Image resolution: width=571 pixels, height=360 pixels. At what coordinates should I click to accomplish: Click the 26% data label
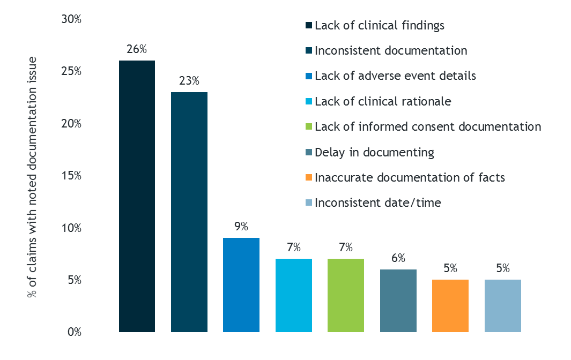pos(137,49)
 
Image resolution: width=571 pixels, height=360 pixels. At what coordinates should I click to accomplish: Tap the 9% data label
pos(241,226)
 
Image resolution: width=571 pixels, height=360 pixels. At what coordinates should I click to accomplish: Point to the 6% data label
pos(398,258)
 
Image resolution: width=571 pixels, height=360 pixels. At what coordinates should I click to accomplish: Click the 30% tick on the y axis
pos(71,20)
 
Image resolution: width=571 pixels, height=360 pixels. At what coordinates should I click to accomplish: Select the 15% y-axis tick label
pos(71,176)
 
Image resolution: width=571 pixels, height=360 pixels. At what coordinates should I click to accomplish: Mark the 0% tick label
pos(73,332)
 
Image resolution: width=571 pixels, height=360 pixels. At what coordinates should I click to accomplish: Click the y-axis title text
pos(33,177)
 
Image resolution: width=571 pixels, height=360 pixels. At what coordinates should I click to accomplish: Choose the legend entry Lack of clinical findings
pos(380,25)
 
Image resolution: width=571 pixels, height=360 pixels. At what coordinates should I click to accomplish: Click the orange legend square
pos(308,177)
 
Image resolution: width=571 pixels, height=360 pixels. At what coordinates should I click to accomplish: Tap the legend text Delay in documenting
pos(374,152)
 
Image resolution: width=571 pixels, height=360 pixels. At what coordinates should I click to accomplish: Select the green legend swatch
pos(308,127)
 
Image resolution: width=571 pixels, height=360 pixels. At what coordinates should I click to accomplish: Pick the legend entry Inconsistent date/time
pos(378,203)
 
